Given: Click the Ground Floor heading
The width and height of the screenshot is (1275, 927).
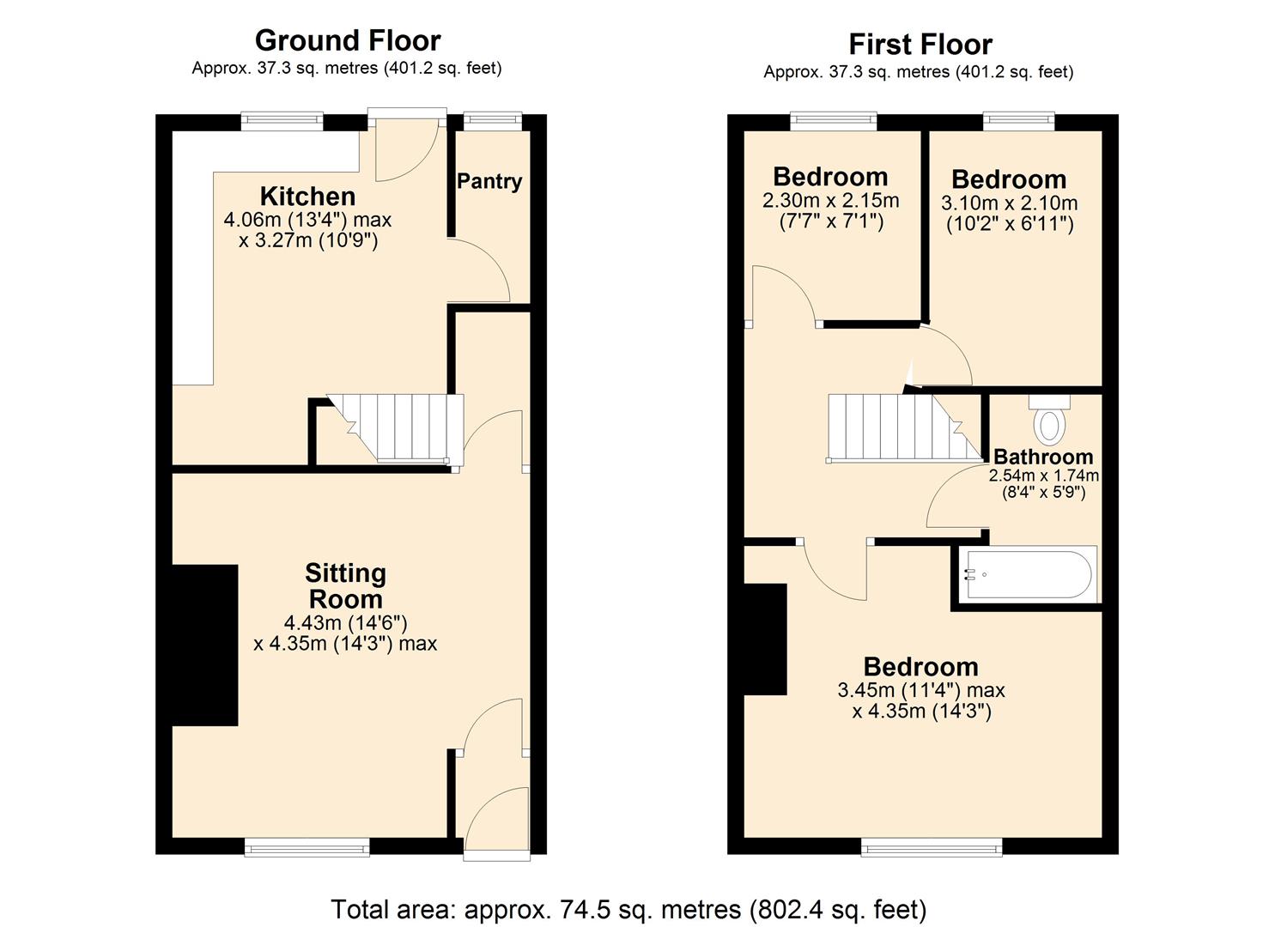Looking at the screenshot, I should [348, 40].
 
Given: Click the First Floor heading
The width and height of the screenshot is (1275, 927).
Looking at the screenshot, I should [920, 44].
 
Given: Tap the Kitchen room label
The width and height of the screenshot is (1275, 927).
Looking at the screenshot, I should [307, 196].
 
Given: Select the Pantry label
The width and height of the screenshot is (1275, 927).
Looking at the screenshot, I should [489, 181].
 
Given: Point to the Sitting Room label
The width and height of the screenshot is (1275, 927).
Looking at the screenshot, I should [345, 585].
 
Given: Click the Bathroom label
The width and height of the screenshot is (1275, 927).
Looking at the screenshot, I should [1043, 457].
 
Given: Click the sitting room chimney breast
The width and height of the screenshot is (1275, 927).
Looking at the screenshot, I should [205, 645].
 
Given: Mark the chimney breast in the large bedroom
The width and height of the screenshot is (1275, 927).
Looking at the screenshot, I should [765, 639].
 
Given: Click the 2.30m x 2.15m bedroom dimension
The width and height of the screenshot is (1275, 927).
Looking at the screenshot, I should [830, 201].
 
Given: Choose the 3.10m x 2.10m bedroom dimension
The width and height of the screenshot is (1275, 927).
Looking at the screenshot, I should [1009, 203].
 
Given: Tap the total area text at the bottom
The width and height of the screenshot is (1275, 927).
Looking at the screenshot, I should [628, 908].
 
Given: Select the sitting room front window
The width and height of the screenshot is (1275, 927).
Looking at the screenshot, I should [307, 847].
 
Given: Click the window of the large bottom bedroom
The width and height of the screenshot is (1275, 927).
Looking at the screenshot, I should [932, 847].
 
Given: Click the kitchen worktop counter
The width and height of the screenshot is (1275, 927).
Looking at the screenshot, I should [194, 257].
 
